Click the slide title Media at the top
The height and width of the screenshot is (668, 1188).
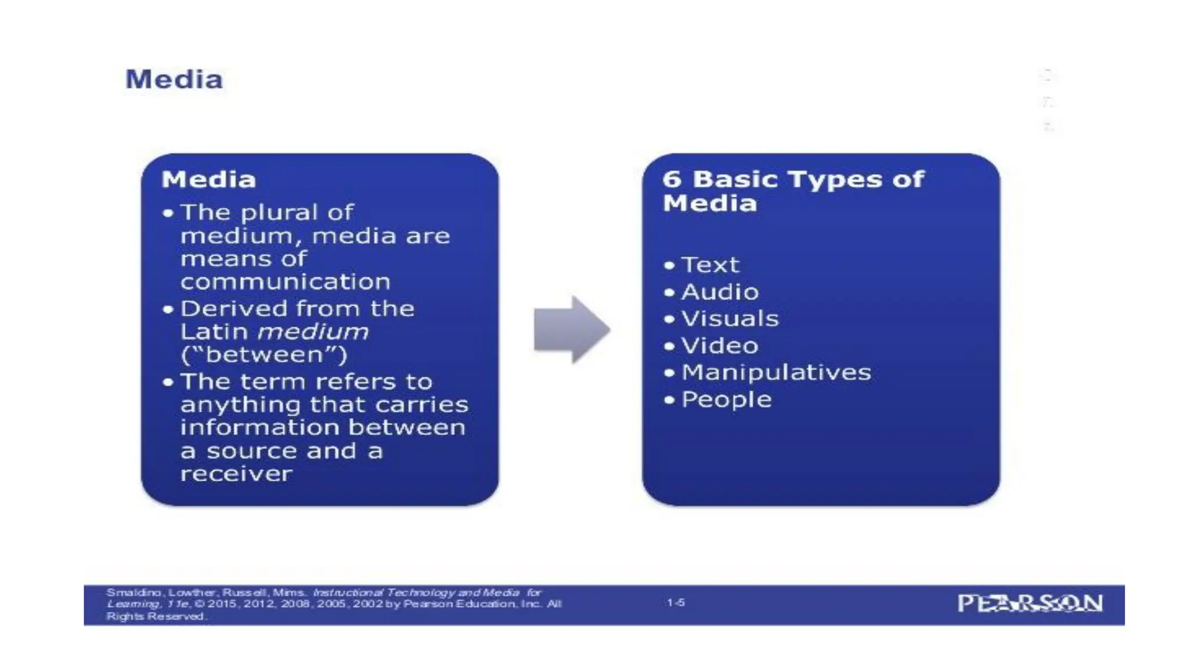tap(174, 79)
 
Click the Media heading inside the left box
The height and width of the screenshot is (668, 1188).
tap(209, 179)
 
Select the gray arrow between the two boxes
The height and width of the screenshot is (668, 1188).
tap(571, 329)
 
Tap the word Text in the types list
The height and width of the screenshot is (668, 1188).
tap(710, 265)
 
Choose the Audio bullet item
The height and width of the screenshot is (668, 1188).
tap(720, 292)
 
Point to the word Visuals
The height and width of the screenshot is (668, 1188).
tap(730, 319)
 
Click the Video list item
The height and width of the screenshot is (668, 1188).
tap(720, 346)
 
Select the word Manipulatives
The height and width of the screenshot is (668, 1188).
tap(776, 372)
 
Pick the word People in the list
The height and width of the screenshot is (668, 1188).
tap(726, 400)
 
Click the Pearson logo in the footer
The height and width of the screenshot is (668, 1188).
tap(1030, 604)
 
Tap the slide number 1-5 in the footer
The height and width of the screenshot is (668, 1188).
tap(675, 603)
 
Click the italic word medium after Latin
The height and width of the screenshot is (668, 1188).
tap(313, 332)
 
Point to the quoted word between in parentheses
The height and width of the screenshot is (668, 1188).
tap(264, 355)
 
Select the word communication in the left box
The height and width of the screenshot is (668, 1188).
tap(285, 282)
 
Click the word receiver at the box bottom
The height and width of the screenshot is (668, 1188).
tap(236, 474)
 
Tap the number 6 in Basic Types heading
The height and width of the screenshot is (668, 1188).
tap(672, 179)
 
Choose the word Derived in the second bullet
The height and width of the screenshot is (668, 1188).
tap(224, 308)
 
